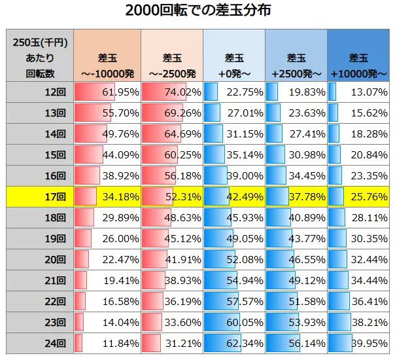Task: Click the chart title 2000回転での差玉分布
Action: coord(197,11)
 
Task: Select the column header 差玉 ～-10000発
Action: coord(106,56)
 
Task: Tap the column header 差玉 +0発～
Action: coord(233,56)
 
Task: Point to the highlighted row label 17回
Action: coord(39,196)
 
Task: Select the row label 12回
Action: coord(39,92)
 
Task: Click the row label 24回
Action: coord(39,342)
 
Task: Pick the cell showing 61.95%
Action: coord(106,92)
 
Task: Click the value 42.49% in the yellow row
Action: coord(233,196)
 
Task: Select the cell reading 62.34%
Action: coord(233,342)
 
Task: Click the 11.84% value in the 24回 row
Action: coord(106,342)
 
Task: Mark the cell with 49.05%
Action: coord(233,238)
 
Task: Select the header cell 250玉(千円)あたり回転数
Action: coord(39,56)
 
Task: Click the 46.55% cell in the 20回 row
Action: coord(296,259)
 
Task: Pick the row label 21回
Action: coord(39,280)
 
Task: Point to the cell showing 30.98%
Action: coord(296,154)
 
